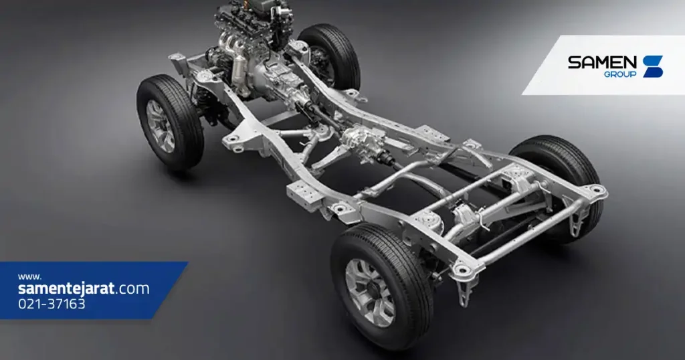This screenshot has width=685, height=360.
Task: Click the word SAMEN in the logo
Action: (603, 62)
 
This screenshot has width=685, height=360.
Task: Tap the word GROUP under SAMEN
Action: (620, 74)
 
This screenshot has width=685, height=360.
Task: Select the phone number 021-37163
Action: (52, 304)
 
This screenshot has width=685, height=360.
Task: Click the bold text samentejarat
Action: (66, 288)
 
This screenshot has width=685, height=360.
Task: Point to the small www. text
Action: (29, 276)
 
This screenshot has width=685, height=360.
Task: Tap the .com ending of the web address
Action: (132, 289)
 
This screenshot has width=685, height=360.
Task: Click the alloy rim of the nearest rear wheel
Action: (370, 292)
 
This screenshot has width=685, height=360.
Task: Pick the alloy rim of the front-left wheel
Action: (161, 126)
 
